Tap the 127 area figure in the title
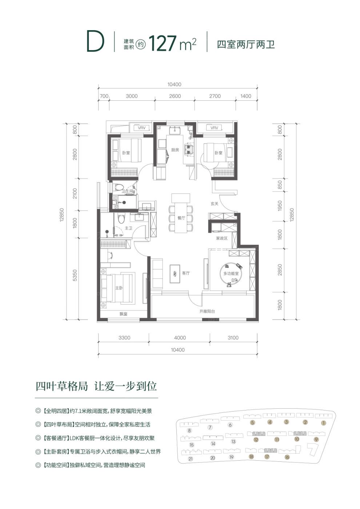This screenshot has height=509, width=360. pyautogui.click(x=163, y=43)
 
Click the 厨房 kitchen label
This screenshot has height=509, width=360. pyautogui.click(x=175, y=150)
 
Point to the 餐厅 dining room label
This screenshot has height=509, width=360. pyautogui.click(x=181, y=218)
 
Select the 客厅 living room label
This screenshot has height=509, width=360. pyautogui.click(x=186, y=273)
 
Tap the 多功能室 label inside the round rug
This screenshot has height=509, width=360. pyautogui.click(x=231, y=273)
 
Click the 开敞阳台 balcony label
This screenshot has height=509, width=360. pyautogui.click(x=207, y=311)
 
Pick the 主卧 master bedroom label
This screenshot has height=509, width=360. pyautogui.click(x=119, y=288)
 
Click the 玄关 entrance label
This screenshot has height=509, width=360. pyautogui.click(x=214, y=204)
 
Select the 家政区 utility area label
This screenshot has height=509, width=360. pyautogui.click(x=221, y=239)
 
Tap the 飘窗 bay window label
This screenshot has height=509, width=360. pyautogui.click(x=123, y=314)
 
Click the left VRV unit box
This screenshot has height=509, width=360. pyautogui.click(x=141, y=128)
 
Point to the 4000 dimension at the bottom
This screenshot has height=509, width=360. pyautogui.click(x=180, y=338)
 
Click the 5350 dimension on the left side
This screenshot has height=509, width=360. pyautogui.click(x=75, y=275)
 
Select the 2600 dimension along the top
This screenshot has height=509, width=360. pyautogui.click(x=175, y=96)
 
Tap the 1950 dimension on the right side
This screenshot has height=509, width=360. pyautogui.click(x=280, y=205)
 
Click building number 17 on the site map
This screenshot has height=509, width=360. pyautogui.click(x=267, y=457)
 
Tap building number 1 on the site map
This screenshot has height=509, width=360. pyautogui.click(x=323, y=423)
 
